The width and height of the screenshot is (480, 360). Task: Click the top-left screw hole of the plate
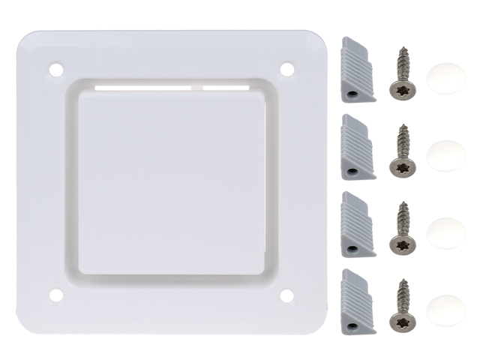[55, 70]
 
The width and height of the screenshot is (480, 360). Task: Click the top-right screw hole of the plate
[286, 69]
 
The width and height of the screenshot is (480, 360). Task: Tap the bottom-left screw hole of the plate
[55, 295]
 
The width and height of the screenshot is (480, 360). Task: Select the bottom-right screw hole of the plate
[286, 295]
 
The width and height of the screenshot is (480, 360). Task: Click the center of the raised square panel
[172, 183]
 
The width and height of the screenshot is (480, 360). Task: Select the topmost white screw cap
[445, 76]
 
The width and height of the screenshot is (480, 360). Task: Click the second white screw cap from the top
[445, 154]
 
